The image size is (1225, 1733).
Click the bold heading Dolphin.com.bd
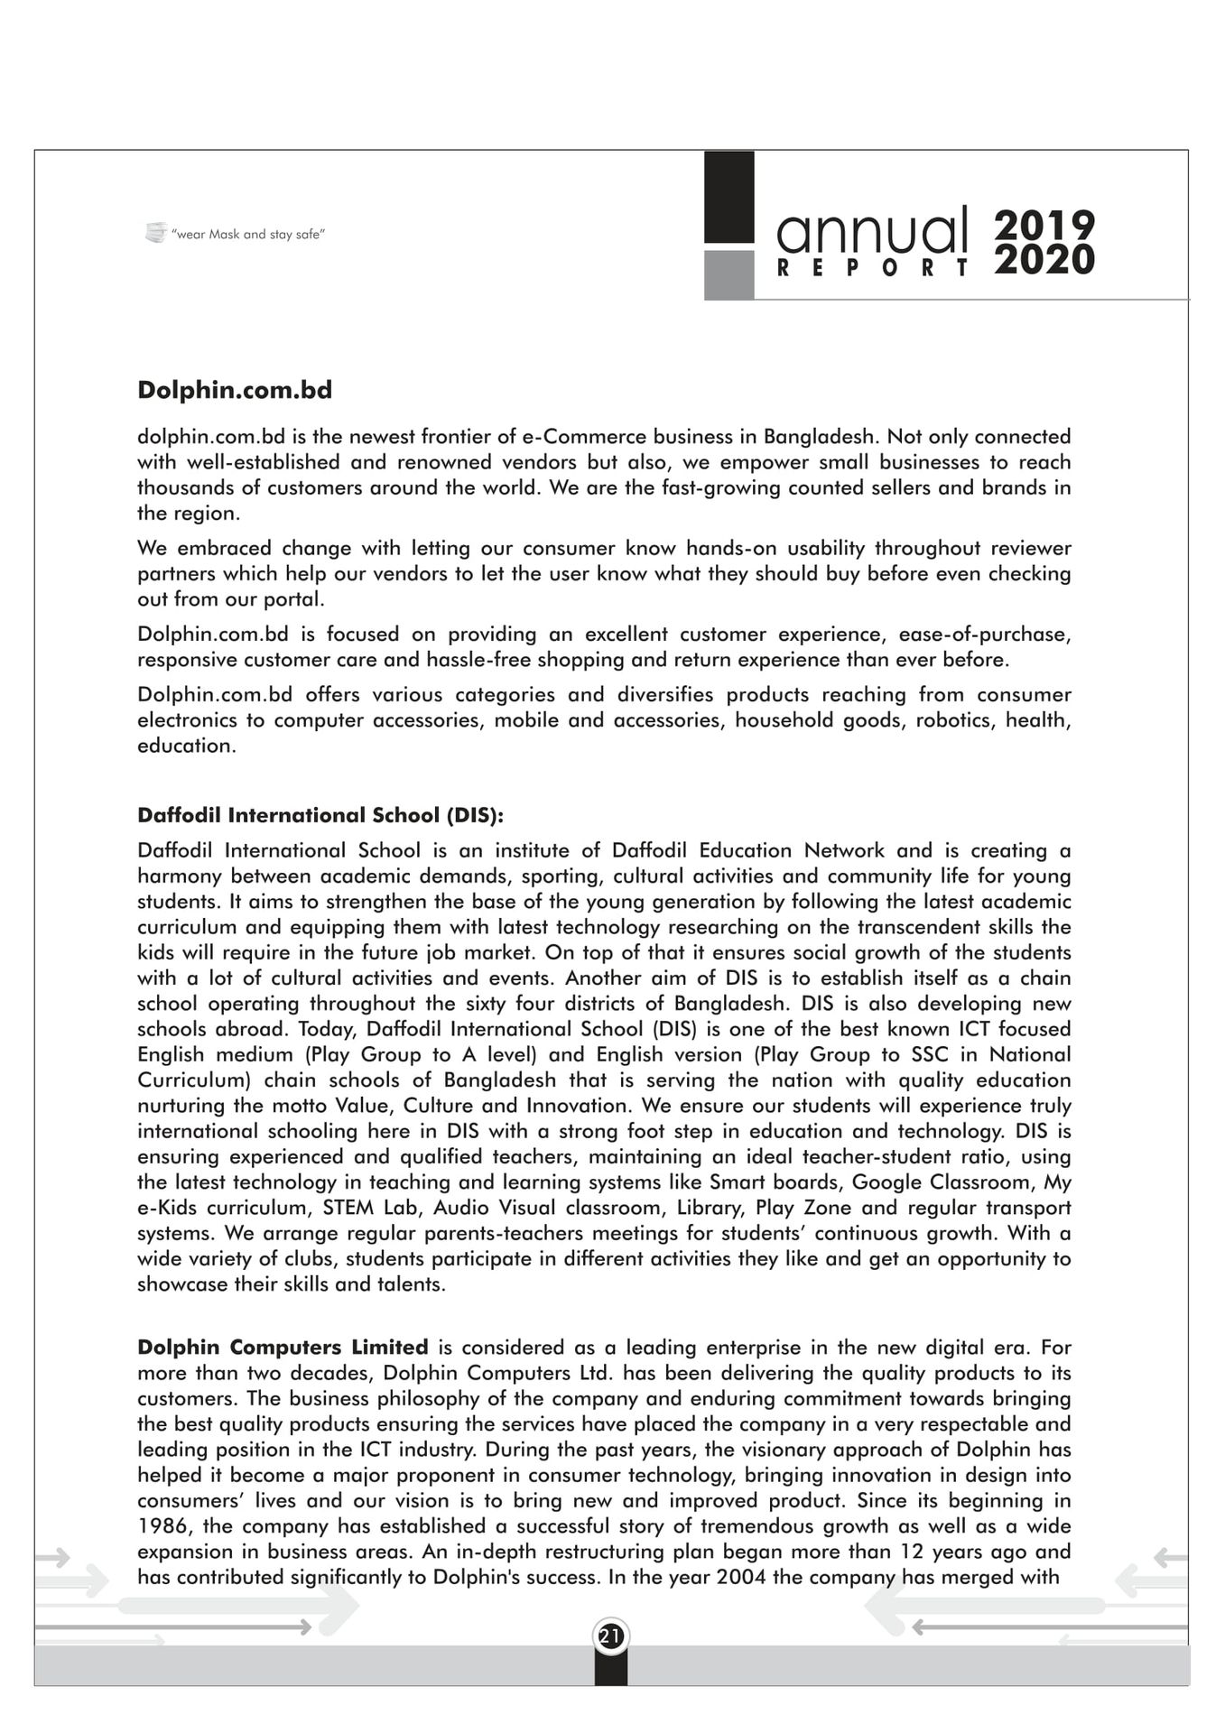(x=235, y=390)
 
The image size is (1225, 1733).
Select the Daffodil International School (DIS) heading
(x=320, y=815)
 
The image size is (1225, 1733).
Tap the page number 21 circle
(x=611, y=1636)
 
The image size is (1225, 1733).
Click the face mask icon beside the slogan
(x=155, y=233)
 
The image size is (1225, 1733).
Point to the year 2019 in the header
(x=1044, y=226)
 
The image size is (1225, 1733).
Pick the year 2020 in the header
(x=1044, y=261)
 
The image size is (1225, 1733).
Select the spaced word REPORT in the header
(x=872, y=269)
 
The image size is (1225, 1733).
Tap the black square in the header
(x=729, y=196)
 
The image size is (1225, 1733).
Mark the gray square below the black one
(x=729, y=274)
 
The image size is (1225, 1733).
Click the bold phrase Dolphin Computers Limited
(x=283, y=1348)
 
